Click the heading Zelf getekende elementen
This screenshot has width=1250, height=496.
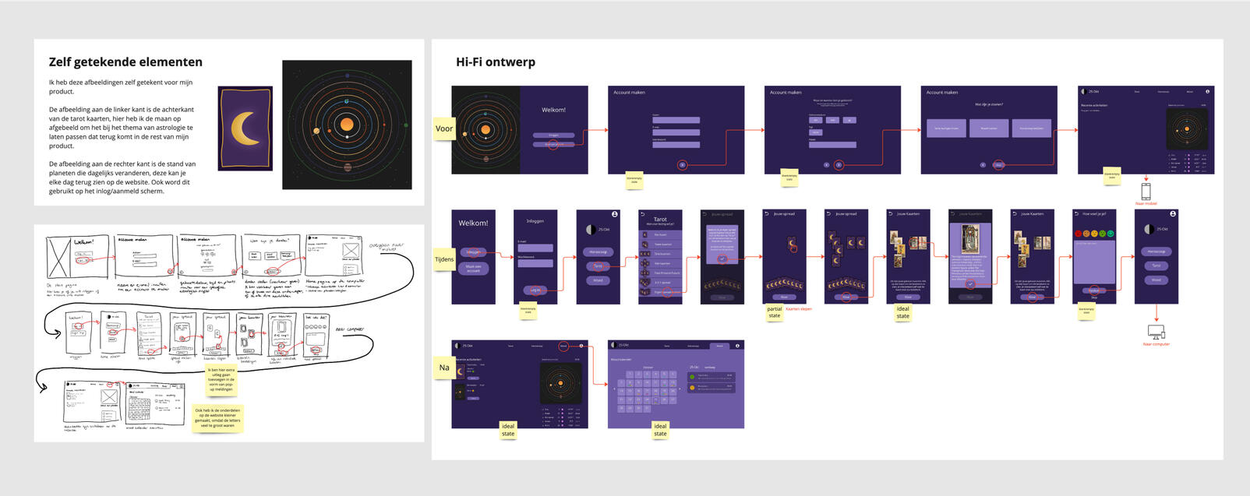pyautogui.click(x=125, y=62)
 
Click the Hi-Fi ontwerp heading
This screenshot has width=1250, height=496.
pyautogui.click(x=496, y=62)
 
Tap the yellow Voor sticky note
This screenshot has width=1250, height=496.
pyautogui.click(x=444, y=129)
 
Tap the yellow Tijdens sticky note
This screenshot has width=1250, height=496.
pyautogui.click(x=444, y=259)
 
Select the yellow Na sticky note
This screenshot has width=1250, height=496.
pyautogui.click(x=444, y=368)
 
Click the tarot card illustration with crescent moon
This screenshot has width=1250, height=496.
pyautogui.click(x=245, y=128)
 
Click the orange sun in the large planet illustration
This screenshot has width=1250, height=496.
pyautogui.click(x=347, y=125)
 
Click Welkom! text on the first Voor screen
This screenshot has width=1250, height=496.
pyautogui.click(x=553, y=110)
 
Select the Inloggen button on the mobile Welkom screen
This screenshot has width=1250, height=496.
pyautogui.click(x=473, y=252)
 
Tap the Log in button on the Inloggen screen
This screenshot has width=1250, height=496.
pyautogui.click(x=535, y=290)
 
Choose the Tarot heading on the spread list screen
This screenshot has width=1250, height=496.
pyautogui.click(x=660, y=220)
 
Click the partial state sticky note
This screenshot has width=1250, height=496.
pyautogui.click(x=774, y=312)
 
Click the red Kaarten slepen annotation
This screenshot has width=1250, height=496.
pyautogui.click(x=799, y=309)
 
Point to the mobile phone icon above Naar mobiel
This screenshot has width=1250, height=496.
pyautogui.click(x=1146, y=191)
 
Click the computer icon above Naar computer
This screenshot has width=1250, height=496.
pyautogui.click(x=1156, y=332)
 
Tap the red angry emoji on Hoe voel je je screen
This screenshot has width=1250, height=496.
pyautogui.click(x=1078, y=234)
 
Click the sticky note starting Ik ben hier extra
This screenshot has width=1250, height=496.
pyautogui.click(x=221, y=379)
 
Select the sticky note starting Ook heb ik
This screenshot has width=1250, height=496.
pyautogui.click(x=217, y=418)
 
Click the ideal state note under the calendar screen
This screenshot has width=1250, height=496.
pyautogui.click(x=660, y=430)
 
